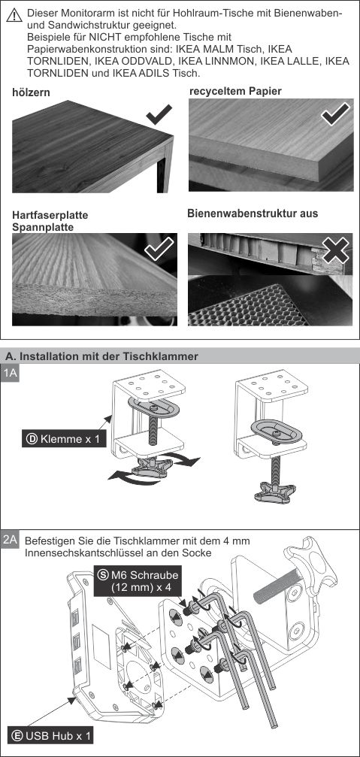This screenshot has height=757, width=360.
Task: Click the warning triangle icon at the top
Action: pos(15,15)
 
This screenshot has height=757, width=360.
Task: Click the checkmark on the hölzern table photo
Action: pos(159,114)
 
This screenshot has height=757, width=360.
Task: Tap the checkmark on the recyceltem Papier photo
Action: pos(336,114)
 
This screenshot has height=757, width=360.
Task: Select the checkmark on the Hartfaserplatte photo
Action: pos(159,248)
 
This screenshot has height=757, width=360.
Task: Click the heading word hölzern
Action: pos(31,92)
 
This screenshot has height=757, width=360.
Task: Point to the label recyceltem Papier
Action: pos(235,91)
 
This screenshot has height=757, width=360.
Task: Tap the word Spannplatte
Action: pos(43,226)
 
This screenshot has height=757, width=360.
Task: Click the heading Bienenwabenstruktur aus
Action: pos(253,213)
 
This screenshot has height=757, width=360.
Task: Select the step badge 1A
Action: pos(10,373)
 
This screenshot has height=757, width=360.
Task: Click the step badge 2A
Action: pos(10,539)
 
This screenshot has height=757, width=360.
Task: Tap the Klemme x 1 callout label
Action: pos(64,439)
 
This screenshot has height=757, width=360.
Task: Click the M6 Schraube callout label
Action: pos(138,581)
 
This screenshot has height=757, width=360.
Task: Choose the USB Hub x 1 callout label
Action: pos(50,736)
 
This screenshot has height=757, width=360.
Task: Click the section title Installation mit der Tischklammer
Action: pos(101,356)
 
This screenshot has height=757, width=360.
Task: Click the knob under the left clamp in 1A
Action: pos(152,468)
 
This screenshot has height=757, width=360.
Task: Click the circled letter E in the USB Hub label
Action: pos(17,736)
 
